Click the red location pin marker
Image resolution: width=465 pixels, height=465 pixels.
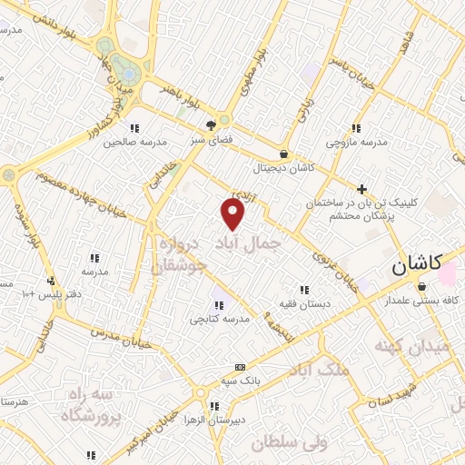tap(233, 214)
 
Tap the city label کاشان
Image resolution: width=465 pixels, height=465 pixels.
tap(416, 266)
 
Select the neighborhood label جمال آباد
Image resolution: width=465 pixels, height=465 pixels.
tap(246, 242)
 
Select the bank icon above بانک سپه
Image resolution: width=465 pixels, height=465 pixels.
tap(240, 367)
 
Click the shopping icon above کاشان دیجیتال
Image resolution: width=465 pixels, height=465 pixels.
tap(285, 154)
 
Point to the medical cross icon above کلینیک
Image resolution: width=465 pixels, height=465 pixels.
tap(362, 189)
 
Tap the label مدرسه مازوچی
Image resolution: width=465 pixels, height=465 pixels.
tap(357, 143)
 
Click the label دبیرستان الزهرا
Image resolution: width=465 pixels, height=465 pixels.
tap(213, 421)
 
